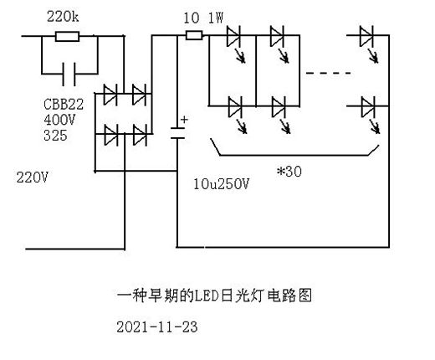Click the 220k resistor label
point(63,17)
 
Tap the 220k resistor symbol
point(67,37)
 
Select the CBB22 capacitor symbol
point(69,75)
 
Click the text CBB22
point(64,105)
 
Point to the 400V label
point(59,120)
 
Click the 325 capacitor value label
point(55,136)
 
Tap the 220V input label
point(33,177)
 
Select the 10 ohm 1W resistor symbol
point(194,35)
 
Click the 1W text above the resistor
point(216,18)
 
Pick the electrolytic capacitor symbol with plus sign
point(177,133)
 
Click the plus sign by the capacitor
point(184,120)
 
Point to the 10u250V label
point(221,184)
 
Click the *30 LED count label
point(289,171)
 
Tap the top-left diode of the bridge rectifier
point(110,94)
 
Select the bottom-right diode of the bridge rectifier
point(140,135)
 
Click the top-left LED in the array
point(235,44)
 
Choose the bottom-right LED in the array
point(370,115)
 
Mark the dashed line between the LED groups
point(328,73)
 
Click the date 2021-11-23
point(157,327)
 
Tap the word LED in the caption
point(206,296)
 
